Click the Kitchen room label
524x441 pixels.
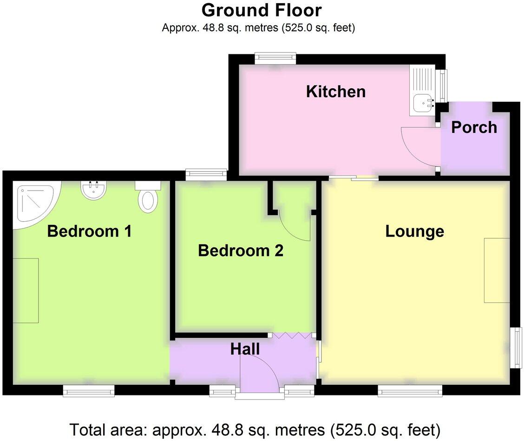(x=335, y=92)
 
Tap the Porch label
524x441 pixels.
(x=474, y=127)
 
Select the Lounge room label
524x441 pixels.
(x=414, y=231)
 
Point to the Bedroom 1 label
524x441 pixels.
(x=89, y=231)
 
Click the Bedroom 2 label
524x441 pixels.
(x=240, y=251)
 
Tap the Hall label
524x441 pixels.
(x=245, y=349)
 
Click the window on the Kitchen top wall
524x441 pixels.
(x=275, y=58)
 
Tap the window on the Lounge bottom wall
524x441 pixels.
(x=410, y=391)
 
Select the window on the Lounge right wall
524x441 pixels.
(x=515, y=348)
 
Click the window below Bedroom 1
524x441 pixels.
(x=89, y=391)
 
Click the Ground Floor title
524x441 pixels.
(x=262, y=10)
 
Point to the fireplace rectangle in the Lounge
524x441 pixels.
(x=497, y=270)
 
